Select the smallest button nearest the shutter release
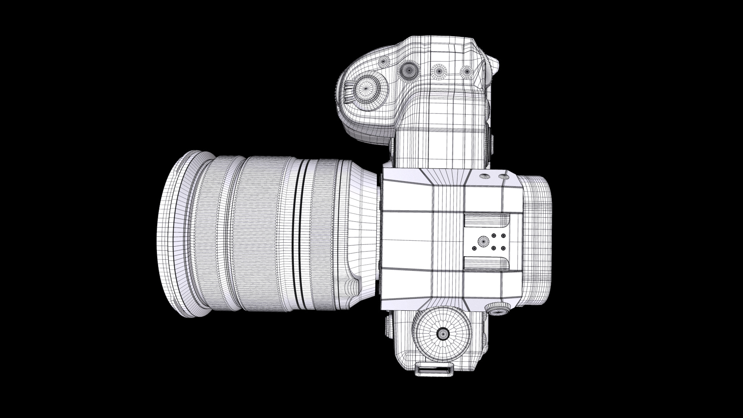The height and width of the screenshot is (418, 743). click(385, 61)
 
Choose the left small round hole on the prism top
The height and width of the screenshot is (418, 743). click(484, 176)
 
